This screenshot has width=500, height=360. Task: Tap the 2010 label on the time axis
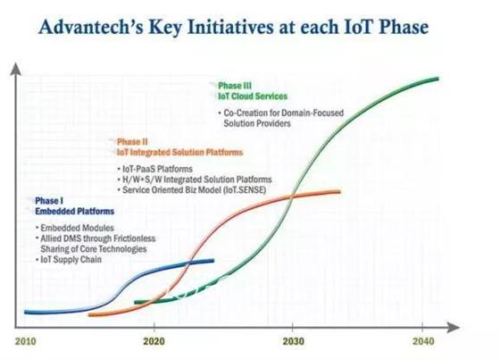[x=26, y=341]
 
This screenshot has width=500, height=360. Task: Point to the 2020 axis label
[x=154, y=341]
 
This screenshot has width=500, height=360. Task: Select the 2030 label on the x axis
[x=294, y=341]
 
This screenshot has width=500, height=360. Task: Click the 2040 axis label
[x=423, y=341]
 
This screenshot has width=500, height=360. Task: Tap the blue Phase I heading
[x=49, y=201]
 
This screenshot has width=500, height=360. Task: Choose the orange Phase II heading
[x=132, y=142]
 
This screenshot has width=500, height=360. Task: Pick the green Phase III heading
[x=235, y=86]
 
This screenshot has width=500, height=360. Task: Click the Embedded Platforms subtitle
[x=75, y=212]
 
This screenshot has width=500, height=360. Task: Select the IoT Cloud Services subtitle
[x=253, y=96]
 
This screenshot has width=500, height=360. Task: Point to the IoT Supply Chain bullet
[x=71, y=259]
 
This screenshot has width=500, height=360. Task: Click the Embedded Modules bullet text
[x=77, y=228]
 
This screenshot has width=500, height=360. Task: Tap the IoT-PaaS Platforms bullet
[x=157, y=169]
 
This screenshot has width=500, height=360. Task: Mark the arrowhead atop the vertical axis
[x=16, y=69]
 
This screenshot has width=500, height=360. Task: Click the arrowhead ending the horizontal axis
[x=453, y=327]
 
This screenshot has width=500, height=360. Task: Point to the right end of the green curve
[x=437, y=79]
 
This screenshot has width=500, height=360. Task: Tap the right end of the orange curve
[x=339, y=192]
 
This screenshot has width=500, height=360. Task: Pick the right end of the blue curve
[x=212, y=261]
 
